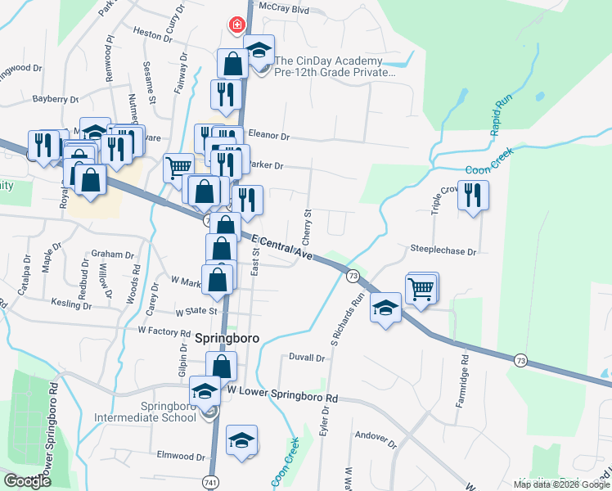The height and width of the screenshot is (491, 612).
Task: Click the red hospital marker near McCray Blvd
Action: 237,25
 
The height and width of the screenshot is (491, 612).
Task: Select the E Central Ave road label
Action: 282,249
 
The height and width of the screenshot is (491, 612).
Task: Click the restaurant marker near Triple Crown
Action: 474,196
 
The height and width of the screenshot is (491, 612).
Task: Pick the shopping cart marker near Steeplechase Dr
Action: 421,288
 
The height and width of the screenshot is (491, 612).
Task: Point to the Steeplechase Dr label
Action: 443,251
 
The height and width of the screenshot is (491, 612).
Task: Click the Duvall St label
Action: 307,358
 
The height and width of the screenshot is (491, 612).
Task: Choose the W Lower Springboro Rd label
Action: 283,397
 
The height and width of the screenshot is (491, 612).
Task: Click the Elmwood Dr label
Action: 182,456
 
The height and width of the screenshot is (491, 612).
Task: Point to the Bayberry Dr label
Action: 55,99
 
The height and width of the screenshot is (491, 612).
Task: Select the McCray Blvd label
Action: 283,10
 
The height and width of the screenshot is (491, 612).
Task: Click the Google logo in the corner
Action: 27,481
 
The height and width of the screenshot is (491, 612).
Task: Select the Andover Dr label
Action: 374,439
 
